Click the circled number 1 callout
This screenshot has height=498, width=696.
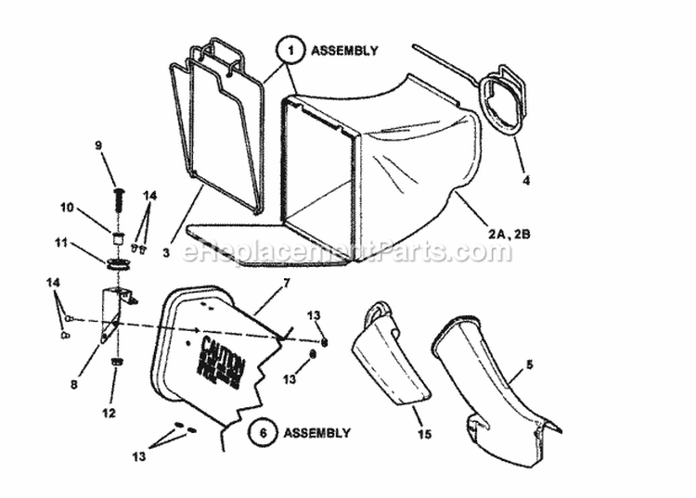tap(290, 51)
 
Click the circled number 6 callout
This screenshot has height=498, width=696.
tap(263, 432)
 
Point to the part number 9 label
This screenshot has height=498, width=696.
tap(98, 145)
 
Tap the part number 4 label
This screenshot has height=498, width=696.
tap(525, 180)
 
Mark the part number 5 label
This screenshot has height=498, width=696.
tap(530, 364)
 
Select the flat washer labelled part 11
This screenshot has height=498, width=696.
tap(118, 265)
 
